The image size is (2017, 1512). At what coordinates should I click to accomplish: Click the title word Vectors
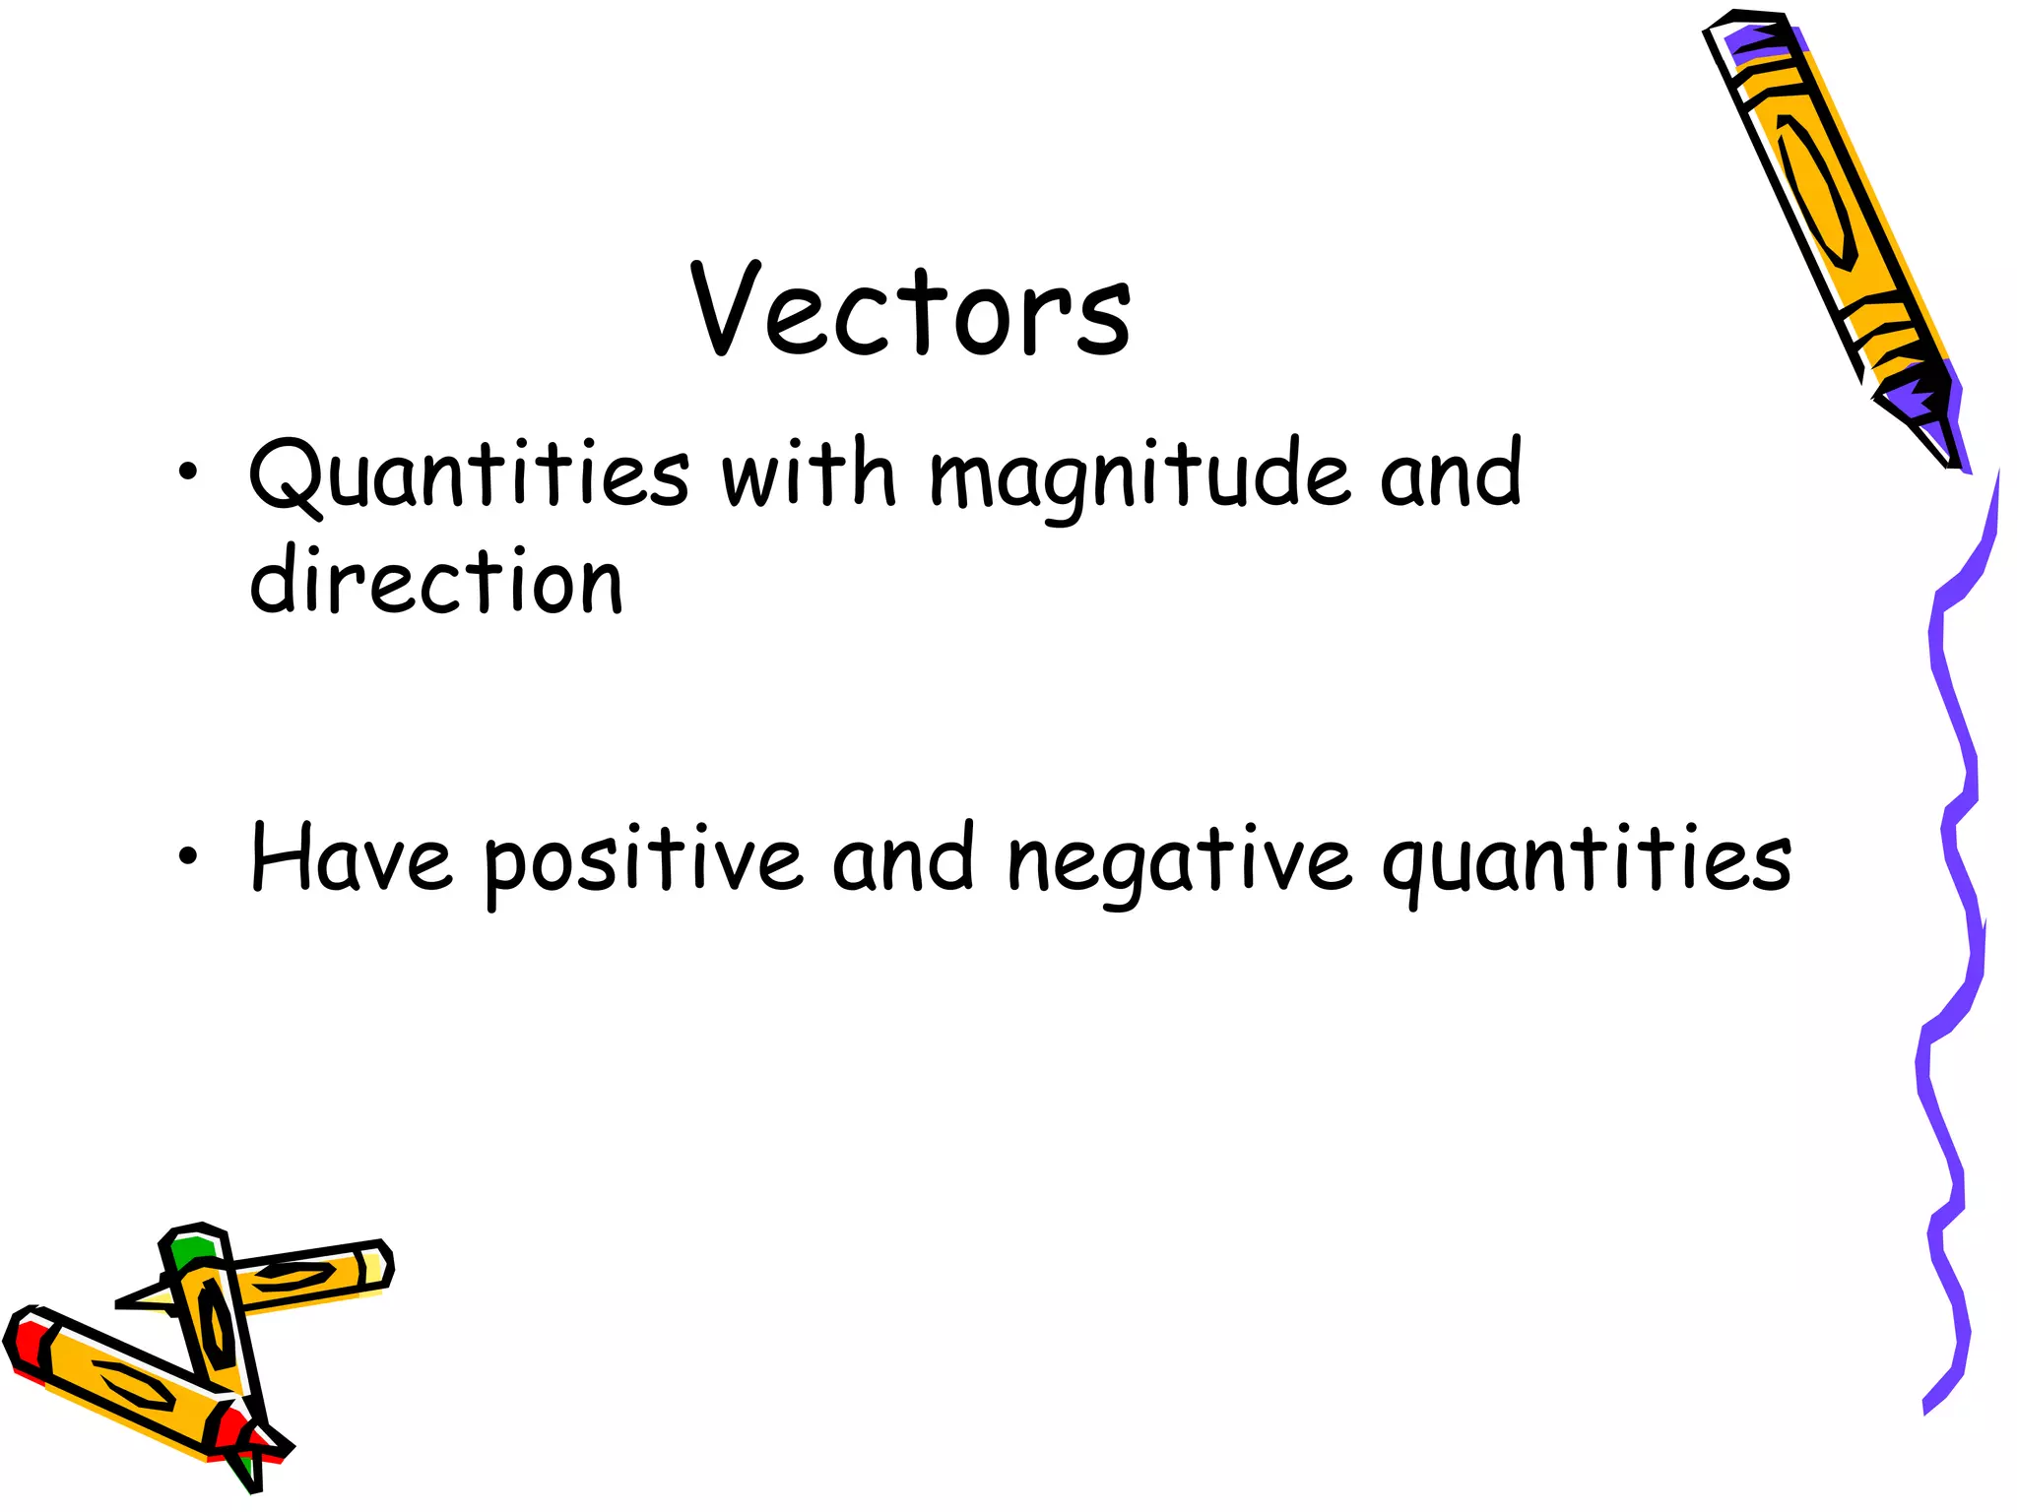point(911,310)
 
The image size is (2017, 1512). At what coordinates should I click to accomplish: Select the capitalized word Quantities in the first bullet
point(469,474)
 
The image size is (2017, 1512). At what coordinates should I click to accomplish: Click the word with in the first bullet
point(809,473)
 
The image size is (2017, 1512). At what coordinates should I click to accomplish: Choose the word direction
point(436,580)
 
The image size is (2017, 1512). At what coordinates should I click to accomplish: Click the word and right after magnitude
point(1451,473)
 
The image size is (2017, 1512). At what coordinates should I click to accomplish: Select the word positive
point(643,862)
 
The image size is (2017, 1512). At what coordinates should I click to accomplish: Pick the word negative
point(1179,862)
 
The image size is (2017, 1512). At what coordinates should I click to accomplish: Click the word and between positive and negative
point(903,858)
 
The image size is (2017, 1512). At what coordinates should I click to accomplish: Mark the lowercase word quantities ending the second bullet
point(1586,862)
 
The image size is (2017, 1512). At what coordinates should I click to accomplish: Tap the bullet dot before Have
point(187,857)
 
